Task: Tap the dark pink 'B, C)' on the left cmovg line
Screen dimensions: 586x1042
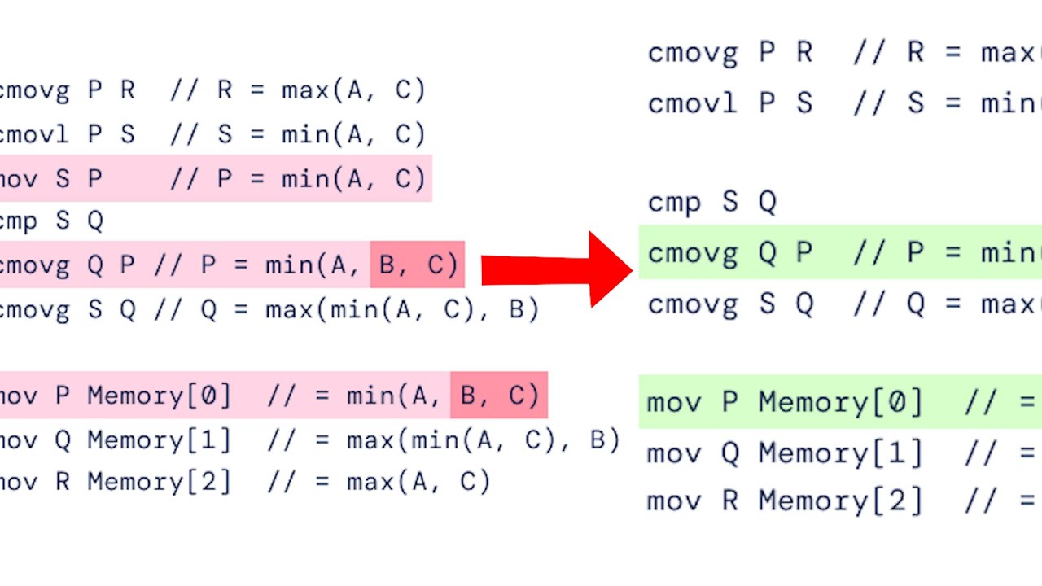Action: pyautogui.click(x=418, y=265)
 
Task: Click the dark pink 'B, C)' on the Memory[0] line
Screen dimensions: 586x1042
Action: pyautogui.click(x=499, y=396)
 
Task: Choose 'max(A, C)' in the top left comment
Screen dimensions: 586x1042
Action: pyautogui.click(x=353, y=90)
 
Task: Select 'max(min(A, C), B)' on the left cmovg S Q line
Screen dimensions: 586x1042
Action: pyautogui.click(x=402, y=310)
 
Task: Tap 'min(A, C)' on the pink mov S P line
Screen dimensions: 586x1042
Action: pyautogui.click(x=353, y=179)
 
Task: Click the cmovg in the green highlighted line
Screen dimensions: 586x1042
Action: pyautogui.click(x=693, y=254)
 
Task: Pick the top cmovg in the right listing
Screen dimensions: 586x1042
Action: pyautogui.click(x=693, y=53)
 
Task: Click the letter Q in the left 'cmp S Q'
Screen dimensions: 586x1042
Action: pyautogui.click(x=95, y=221)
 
